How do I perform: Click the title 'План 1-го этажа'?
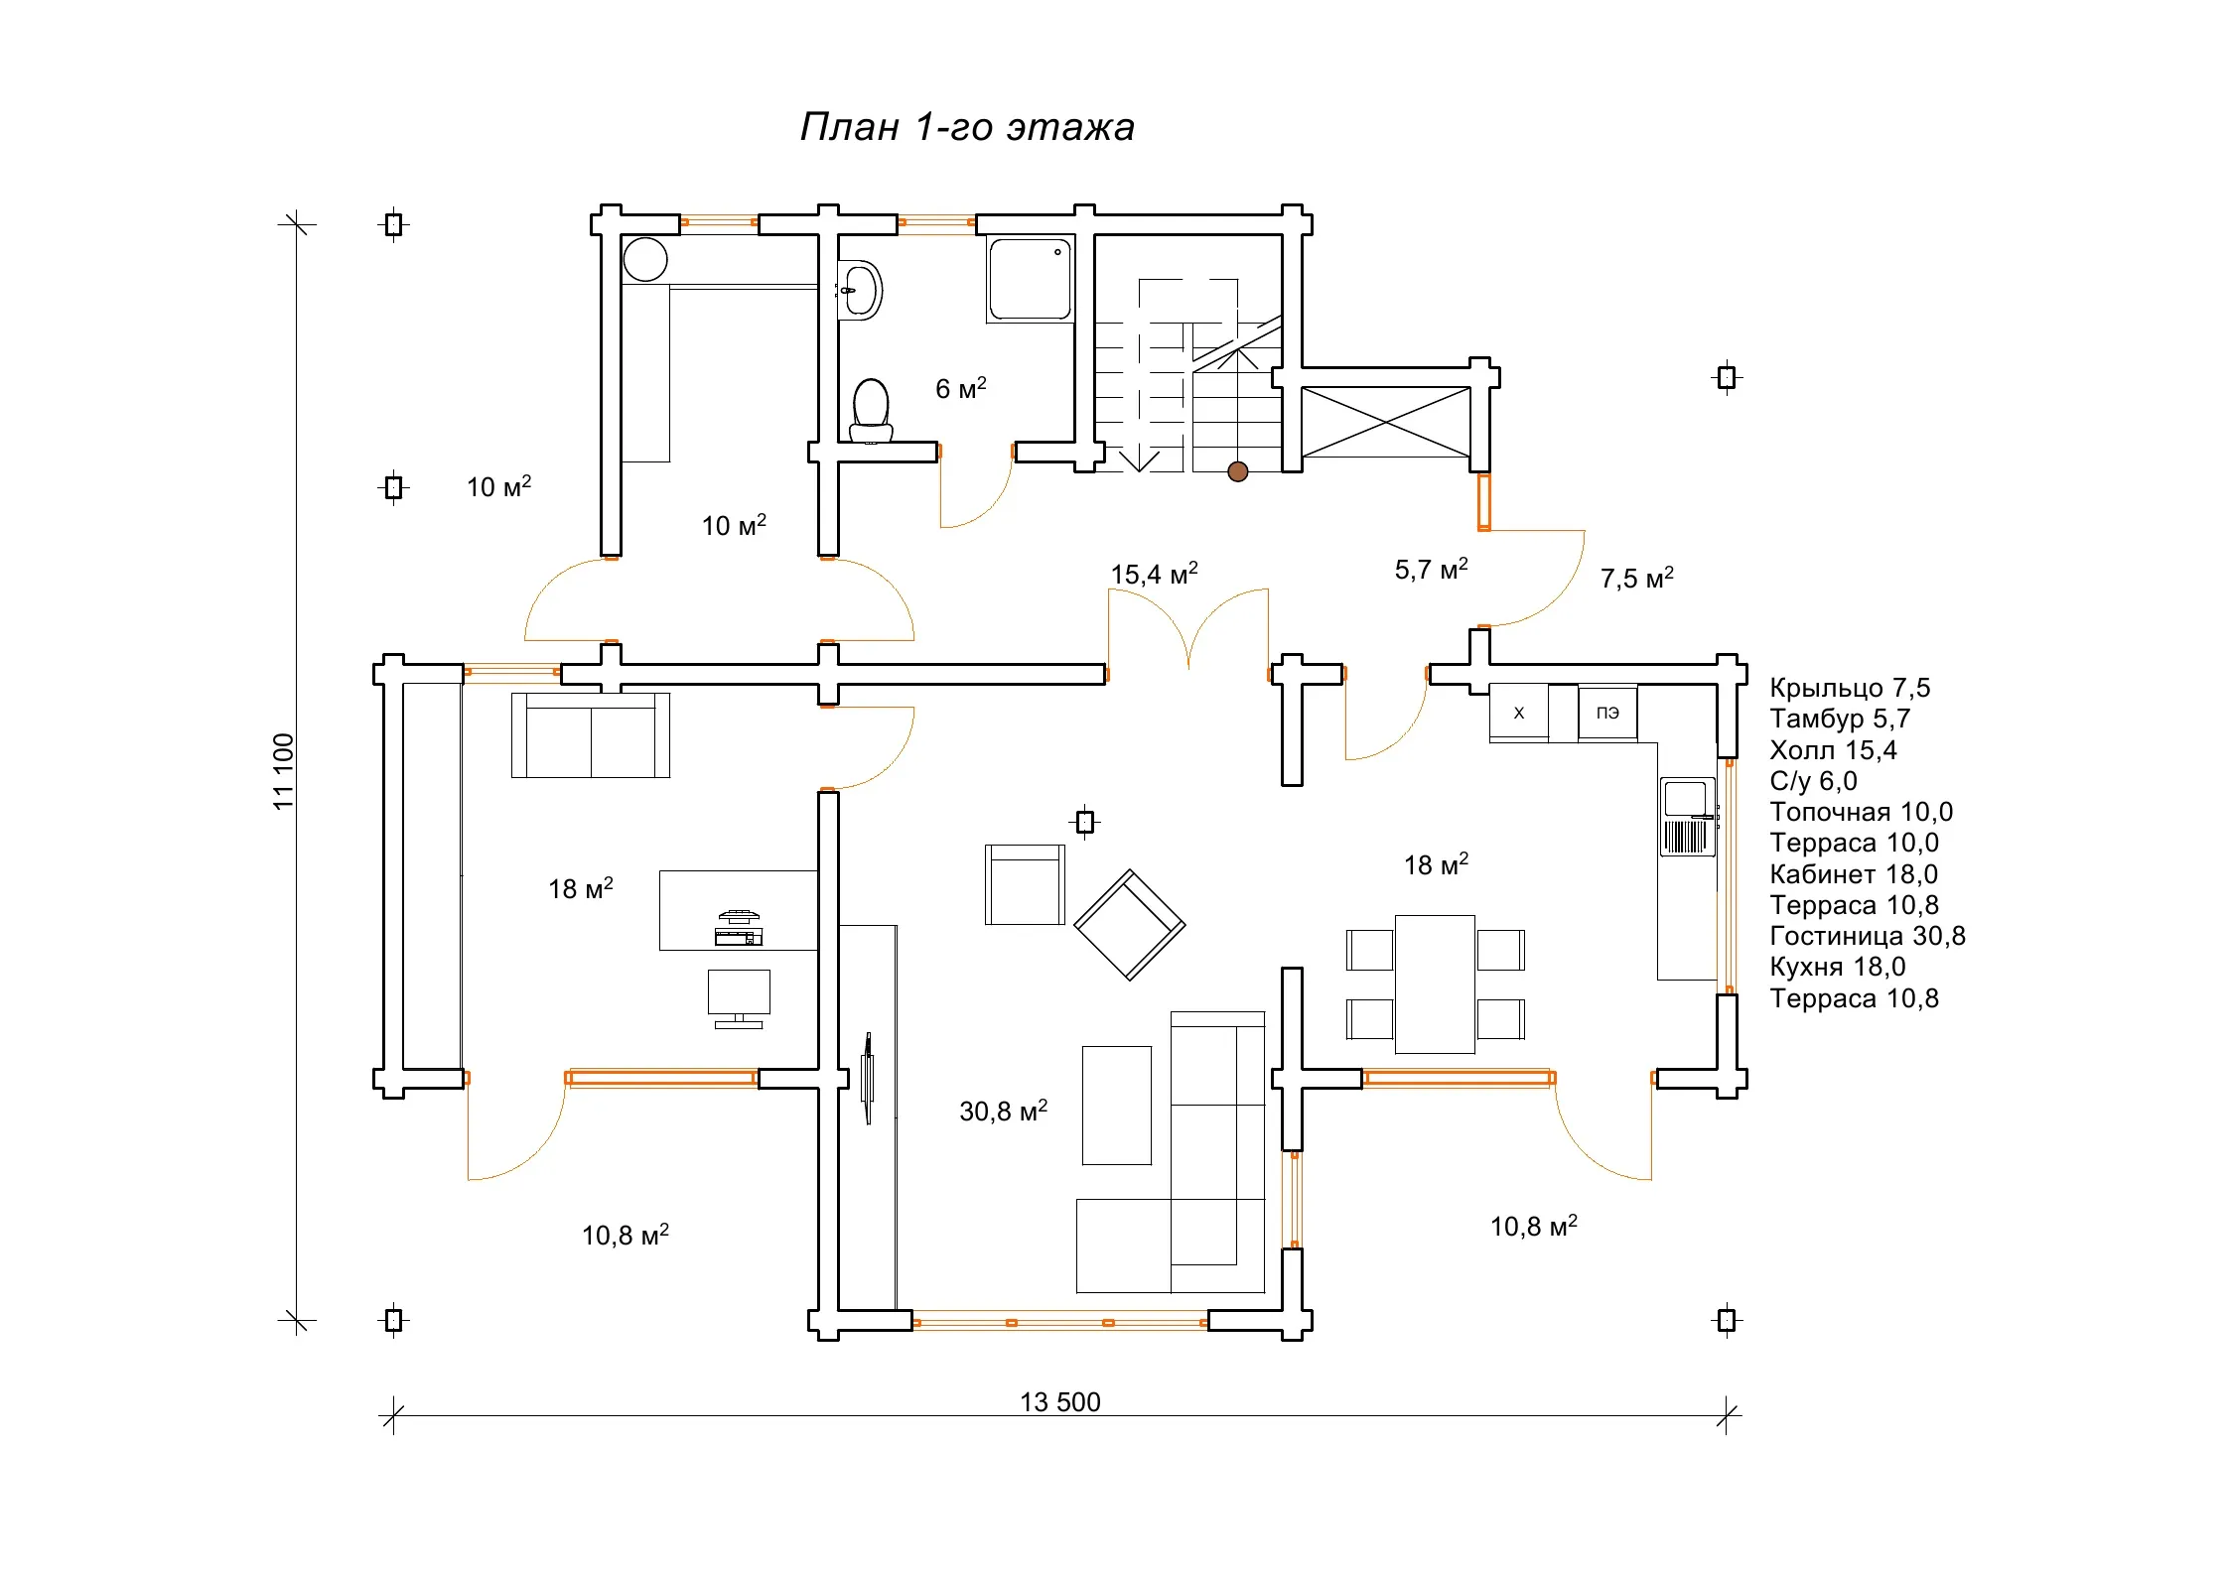(x=967, y=127)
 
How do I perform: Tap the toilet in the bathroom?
(x=871, y=410)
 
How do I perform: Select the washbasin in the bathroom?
(x=860, y=290)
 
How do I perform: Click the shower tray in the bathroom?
(x=1031, y=279)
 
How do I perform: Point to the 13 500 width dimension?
(x=1060, y=1401)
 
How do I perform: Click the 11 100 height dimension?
(x=284, y=771)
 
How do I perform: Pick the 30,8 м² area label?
(x=1003, y=1110)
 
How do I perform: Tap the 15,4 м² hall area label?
(x=1154, y=573)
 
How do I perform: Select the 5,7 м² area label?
(x=1431, y=568)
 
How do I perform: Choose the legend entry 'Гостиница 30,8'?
(x=1867, y=936)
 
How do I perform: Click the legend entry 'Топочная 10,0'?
(x=1861, y=812)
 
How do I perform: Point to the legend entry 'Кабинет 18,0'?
(x=1854, y=874)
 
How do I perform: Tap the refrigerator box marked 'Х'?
(x=1518, y=712)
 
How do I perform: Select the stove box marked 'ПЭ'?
(x=1607, y=712)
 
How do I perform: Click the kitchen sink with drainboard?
(x=1687, y=816)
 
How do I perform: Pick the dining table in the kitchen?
(x=1435, y=984)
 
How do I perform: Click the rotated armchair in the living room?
(x=1129, y=925)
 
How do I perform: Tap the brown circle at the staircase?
(x=1237, y=471)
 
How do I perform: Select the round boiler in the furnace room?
(x=645, y=260)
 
